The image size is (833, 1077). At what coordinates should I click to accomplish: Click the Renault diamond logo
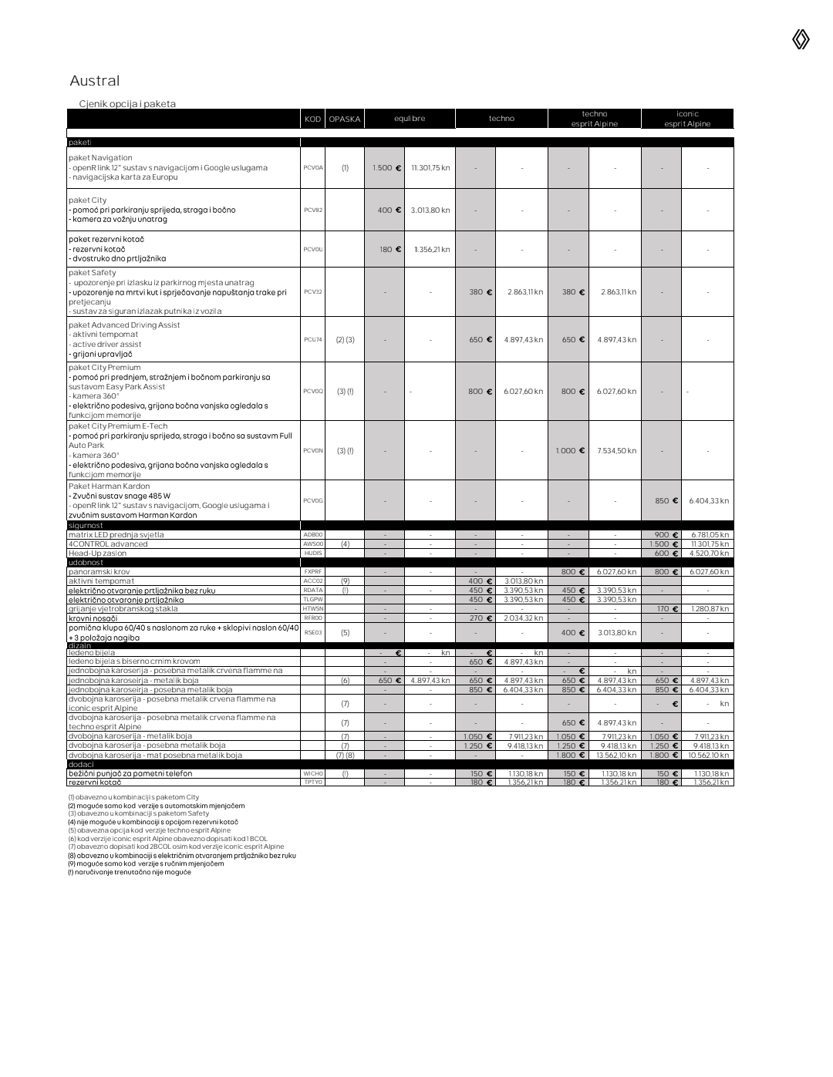(x=801, y=39)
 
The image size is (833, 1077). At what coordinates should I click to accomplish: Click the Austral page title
(x=95, y=81)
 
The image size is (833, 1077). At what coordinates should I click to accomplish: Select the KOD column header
(x=312, y=119)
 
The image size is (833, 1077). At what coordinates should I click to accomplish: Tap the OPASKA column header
(x=344, y=119)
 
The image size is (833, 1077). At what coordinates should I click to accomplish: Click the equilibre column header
(x=410, y=119)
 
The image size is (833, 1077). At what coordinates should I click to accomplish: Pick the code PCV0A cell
(x=313, y=167)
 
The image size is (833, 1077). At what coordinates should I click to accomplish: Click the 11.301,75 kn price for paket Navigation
(x=430, y=167)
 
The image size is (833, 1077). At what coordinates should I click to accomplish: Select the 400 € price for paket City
(x=389, y=210)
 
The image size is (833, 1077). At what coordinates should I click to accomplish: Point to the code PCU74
(x=313, y=339)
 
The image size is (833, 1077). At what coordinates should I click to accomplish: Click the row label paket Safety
(x=93, y=273)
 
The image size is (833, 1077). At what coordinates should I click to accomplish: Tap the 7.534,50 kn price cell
(x=616, y=450)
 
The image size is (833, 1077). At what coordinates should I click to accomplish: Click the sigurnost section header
(x=86, y=526)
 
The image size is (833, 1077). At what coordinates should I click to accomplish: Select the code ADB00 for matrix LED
(x=313, y=534)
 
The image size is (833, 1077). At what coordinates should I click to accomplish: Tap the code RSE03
(x=313, y=632)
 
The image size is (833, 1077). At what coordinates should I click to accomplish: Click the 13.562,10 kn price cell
(x=616, y=755)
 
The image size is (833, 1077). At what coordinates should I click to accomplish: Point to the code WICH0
(x=313, y=773)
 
